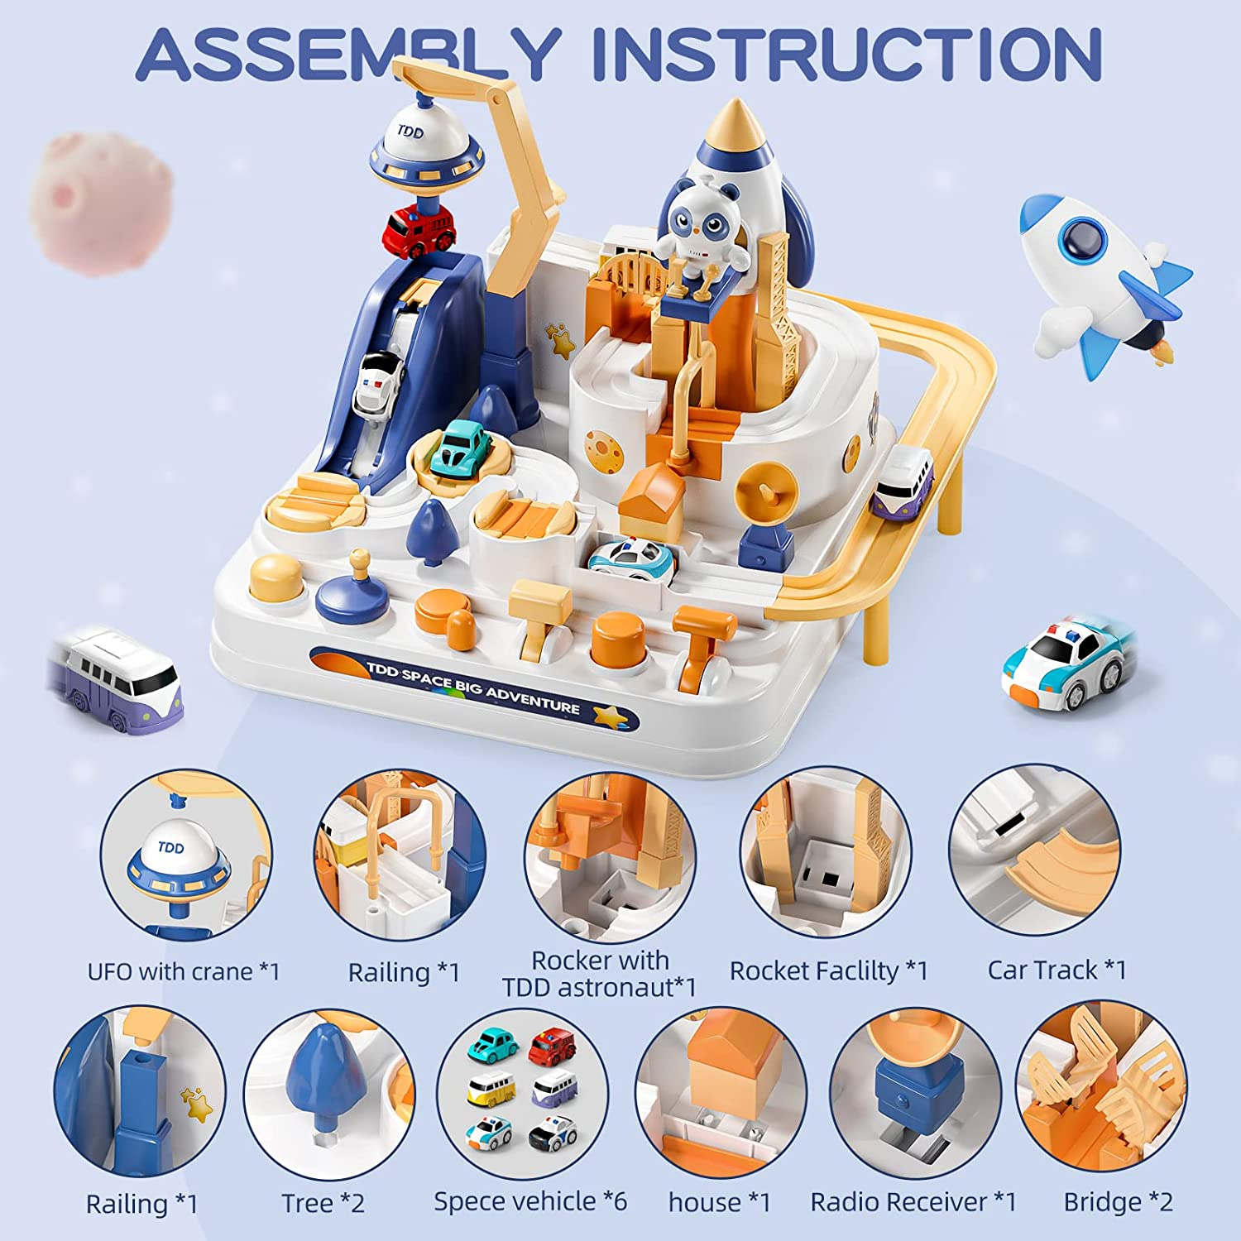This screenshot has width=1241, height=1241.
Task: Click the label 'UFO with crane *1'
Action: [x=184, y=971]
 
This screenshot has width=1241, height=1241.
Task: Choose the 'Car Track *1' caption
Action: [x=1057, y=970]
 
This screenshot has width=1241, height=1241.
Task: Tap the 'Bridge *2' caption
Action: [x=1118, y=1201]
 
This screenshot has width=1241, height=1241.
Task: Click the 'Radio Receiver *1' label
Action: [x=913, y=1201]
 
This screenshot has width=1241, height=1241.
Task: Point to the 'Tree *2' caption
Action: [x=323, y=1203]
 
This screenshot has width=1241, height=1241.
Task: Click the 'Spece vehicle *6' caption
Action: [x=529, y=1201]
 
